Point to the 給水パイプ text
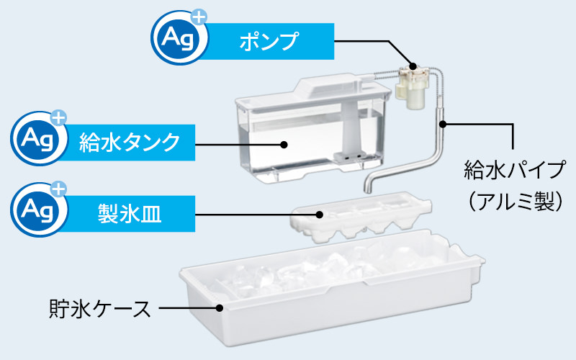tap(513, 171)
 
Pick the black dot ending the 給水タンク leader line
tap(284, 144)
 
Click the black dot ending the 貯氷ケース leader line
tap(220, 308)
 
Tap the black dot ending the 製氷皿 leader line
tap(318, 214)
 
